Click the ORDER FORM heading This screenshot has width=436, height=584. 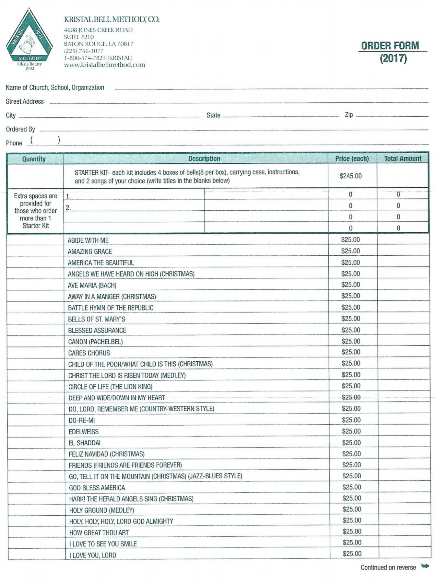tap(390, 46)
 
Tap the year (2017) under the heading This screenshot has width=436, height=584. tap(393, 59)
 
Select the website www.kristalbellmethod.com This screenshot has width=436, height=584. tap(104, 65)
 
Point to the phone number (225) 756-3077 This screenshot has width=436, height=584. tap(84, 51)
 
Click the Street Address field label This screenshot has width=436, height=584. tap(25, 101)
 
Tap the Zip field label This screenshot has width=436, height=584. tap(349, 115)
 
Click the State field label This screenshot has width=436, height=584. tap(213, 115)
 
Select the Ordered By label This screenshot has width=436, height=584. tap(20, 129)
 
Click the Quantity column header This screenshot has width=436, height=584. tap(34, 159)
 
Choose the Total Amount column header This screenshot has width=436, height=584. tap(403, 158)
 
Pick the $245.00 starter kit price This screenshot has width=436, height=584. tap(351, 176)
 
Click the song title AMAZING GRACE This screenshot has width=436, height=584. tap(90, 251)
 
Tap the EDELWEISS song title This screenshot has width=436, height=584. tap(84, 432)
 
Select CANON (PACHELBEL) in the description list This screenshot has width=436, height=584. tap(95, 342)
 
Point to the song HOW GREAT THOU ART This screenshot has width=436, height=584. tap(99, 532)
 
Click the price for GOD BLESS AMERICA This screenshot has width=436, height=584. tap(352, 487)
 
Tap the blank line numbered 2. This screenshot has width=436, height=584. tap(135, 207)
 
